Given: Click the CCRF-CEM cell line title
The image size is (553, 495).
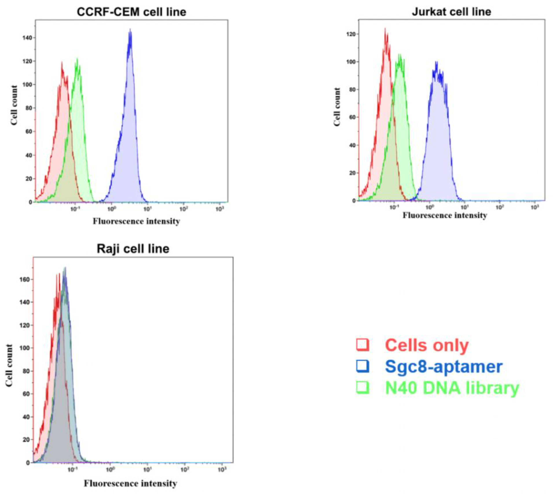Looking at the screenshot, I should (132, 12).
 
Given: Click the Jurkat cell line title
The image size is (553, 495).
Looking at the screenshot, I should (451, 12).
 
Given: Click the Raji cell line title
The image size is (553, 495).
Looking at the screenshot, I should (133, 248).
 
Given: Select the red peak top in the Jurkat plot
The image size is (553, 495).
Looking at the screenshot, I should (385, 29).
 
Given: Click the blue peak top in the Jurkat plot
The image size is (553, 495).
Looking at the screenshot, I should (436, 62).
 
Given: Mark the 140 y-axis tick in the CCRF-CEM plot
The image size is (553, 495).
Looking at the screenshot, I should (28, 38).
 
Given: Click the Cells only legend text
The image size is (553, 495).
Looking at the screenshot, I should (427, 345).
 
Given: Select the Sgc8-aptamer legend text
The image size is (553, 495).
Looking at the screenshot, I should (443, 367).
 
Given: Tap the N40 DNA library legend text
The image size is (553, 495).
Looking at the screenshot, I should (452, 388).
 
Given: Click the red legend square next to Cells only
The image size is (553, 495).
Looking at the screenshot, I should (363, 345).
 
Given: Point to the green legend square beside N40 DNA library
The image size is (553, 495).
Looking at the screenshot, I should (363, 387).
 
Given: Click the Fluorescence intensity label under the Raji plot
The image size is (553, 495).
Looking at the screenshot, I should (130, 483).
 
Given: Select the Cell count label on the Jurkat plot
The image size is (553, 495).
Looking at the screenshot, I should (337, 107).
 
